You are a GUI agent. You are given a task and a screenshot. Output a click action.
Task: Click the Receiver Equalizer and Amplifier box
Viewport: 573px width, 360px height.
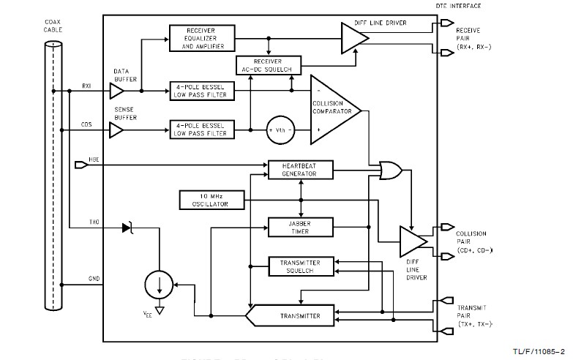[x=202, y=38]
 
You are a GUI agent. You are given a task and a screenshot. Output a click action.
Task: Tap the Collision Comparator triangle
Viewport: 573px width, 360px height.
[x=334, y=110]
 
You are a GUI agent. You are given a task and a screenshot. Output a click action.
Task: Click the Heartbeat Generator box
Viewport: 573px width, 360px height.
[x=301, y=170]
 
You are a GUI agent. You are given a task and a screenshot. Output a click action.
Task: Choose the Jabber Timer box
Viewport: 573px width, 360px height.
[x=301, y=227]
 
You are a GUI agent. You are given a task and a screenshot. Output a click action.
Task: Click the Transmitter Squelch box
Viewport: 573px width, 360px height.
[x=301, y=267]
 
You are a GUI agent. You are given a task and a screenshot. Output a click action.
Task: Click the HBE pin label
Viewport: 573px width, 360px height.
[x=94, y=159]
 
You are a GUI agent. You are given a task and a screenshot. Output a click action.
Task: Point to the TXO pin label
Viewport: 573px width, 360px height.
[x=94, y=221]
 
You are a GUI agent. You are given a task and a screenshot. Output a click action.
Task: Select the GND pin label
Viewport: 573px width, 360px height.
[x=94, y=279]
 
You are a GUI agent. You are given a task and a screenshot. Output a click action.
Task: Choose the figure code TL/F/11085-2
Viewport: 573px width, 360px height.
[x=542, y=351]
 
